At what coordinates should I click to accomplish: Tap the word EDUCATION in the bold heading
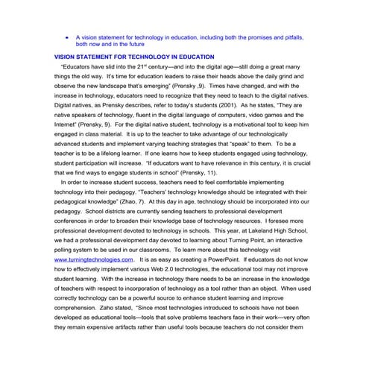[x=192, y=57]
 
